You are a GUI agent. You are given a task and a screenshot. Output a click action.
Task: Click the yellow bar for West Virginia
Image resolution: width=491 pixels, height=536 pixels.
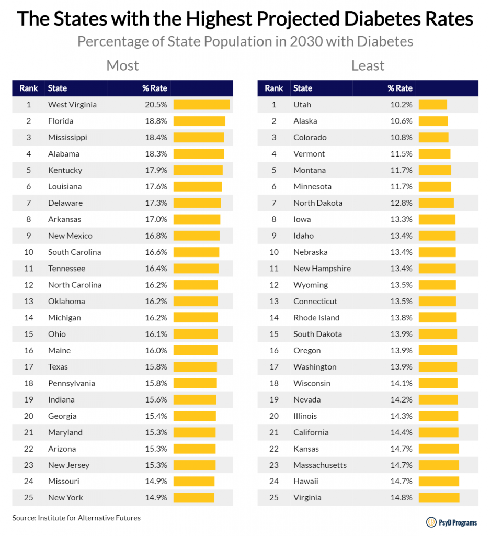[x=201, y=105]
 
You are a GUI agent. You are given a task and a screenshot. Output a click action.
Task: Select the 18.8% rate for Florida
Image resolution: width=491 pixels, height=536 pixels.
[x=156, y=121]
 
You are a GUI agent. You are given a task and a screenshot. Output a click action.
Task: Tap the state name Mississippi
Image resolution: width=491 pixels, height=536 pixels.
[x=67, y=138]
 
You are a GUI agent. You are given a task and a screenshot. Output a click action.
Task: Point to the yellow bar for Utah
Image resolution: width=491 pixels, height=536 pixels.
[x=432, y=105]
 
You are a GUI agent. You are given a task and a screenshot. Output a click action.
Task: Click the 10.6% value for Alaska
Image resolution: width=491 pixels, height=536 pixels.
[x=401, y=121]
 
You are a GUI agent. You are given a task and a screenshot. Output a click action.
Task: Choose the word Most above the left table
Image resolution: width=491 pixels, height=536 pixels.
[x=122, y=65]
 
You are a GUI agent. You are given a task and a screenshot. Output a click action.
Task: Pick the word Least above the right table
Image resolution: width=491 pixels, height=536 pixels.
[x=368, y=65]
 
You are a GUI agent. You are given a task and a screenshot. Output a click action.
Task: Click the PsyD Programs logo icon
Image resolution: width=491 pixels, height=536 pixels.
[x=431, y=522]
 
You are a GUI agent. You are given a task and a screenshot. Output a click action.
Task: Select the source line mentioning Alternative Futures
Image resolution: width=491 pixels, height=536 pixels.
[x=76, y=518]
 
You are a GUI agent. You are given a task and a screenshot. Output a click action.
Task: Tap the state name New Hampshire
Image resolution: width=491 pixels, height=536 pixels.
[x=322, y=269]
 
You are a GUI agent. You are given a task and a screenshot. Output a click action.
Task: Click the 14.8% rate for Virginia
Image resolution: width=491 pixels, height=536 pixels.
[x=401, y=498]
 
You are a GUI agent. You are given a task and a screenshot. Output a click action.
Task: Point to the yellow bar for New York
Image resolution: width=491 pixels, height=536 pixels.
[x=194, y=498]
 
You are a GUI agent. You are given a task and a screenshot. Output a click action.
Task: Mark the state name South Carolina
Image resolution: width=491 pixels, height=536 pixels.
[x=74, y=252]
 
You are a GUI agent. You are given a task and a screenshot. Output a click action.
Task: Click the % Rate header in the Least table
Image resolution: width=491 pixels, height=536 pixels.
[x=400, y=88]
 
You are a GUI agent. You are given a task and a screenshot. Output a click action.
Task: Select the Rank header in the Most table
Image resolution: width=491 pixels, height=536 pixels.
[x=29, y=88]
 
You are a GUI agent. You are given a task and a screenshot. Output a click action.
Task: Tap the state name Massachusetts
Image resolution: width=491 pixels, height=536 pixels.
[x=320, y=465]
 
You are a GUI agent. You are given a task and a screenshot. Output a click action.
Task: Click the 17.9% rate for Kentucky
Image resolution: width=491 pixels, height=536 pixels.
[x=156, y=170]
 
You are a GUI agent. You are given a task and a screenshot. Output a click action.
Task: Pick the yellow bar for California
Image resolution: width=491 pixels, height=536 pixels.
[x=438, y=432]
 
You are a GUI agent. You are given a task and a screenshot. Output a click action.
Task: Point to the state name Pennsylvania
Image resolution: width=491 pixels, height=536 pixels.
[x=72, y=384]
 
